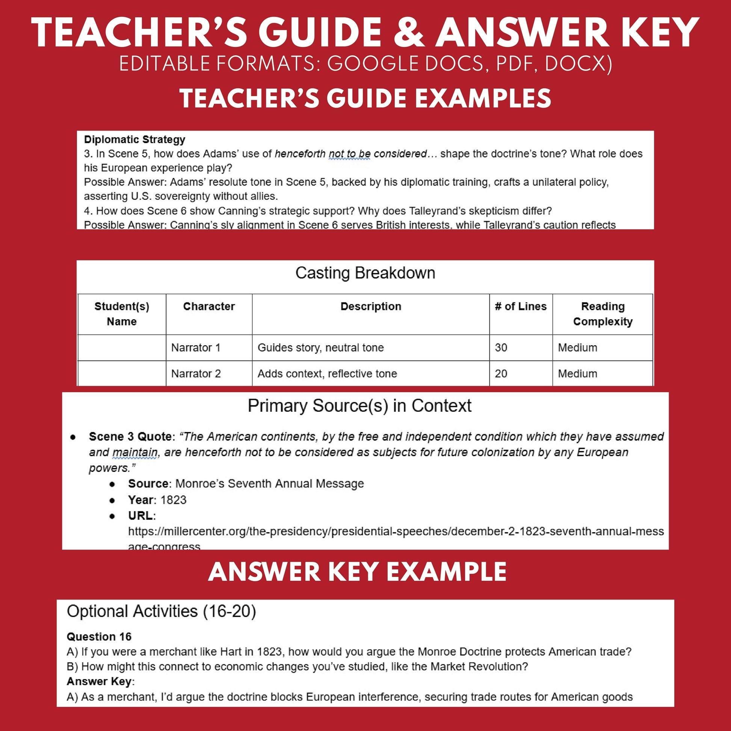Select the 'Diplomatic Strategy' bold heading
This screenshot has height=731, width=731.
[x=134, y=140]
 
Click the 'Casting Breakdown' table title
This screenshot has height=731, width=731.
[x=365, y=273]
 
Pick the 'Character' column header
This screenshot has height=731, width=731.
[x=209, y=307]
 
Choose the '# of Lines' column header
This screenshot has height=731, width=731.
[x=521, y=307]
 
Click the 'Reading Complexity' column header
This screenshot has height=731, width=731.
[x=603, y=314]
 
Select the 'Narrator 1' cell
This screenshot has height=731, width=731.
[x=196, y=347]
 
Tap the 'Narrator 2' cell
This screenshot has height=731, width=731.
[x=196, y=373]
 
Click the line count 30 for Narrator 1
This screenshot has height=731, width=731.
[x=501, y=347]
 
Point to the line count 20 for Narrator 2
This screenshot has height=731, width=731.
[x=501, y=373]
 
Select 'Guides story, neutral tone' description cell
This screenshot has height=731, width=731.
[x=320, y=347]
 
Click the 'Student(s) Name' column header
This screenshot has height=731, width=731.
[x=121, y=314]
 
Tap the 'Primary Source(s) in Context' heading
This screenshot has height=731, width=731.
[x=359, y=406]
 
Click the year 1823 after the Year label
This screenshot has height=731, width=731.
[x=173, y=500]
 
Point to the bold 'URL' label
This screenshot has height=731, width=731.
[x=140, y=516]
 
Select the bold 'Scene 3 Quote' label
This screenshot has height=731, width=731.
[x=130, y=436]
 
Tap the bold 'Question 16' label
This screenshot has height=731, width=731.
[x=99, y=637]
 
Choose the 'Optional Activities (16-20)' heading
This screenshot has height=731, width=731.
[x=161, y=612]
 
